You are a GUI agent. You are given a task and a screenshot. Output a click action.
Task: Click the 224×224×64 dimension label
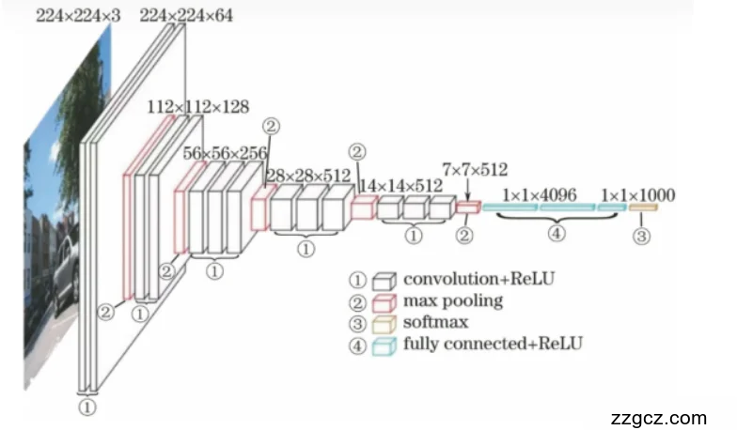pos(186,14)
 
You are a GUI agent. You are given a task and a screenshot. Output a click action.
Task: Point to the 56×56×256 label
pos(226,153)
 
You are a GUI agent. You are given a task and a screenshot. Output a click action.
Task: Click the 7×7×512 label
pos(475,170)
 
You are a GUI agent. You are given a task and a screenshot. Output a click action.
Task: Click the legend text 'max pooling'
pos(453,301)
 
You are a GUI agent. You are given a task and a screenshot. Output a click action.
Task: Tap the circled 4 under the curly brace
pos(557,235)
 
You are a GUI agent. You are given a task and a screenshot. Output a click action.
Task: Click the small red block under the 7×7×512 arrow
pos(468,207)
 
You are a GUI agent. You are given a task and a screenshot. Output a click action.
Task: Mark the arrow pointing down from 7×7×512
pos(467,189)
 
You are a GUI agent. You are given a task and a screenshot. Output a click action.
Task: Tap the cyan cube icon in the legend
pos(383,345)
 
